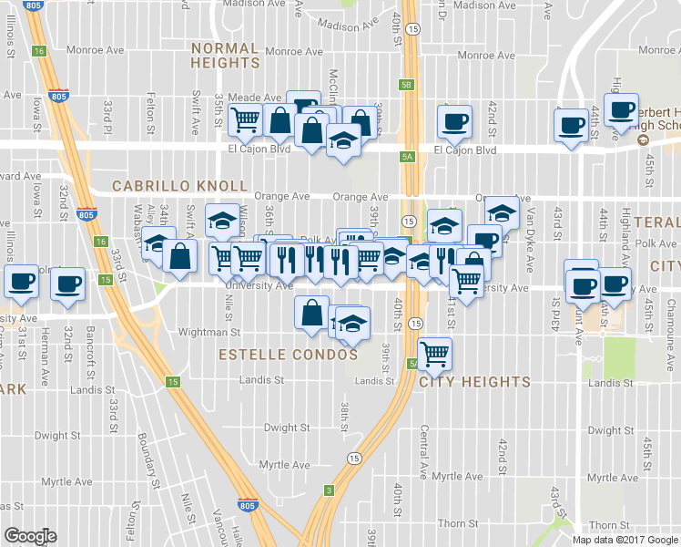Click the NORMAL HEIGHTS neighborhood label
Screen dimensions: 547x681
[225, 56]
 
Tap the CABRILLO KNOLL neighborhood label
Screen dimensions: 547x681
[178, 186]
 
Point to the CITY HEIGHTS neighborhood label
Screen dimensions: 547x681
[474, 382]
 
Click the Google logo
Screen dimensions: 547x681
[30, 536]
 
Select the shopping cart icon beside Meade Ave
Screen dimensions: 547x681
[245, 119]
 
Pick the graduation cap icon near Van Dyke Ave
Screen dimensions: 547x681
[501, 212]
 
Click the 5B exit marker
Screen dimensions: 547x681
[406, 85]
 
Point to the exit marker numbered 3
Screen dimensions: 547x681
[329, 490]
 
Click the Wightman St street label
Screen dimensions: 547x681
[208, 333]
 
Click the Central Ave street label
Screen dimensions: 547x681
[424, 452]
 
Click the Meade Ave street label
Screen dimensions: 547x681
[254, 98]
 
